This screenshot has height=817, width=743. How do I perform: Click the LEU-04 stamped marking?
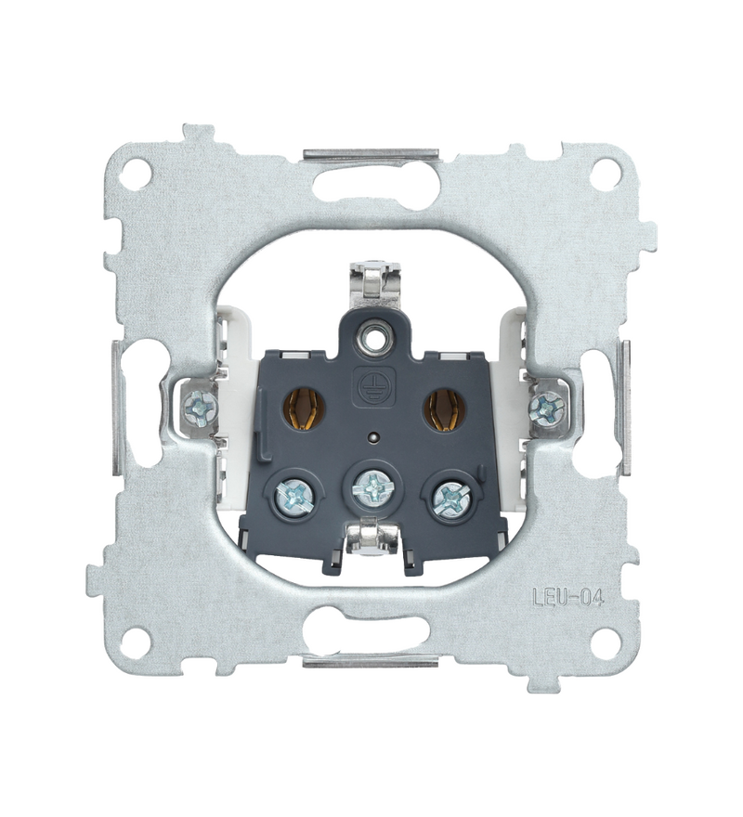coord(567,597)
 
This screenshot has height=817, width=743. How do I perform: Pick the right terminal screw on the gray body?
coord(450,497)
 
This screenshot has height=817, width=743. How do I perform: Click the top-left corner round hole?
coord(141,171)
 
